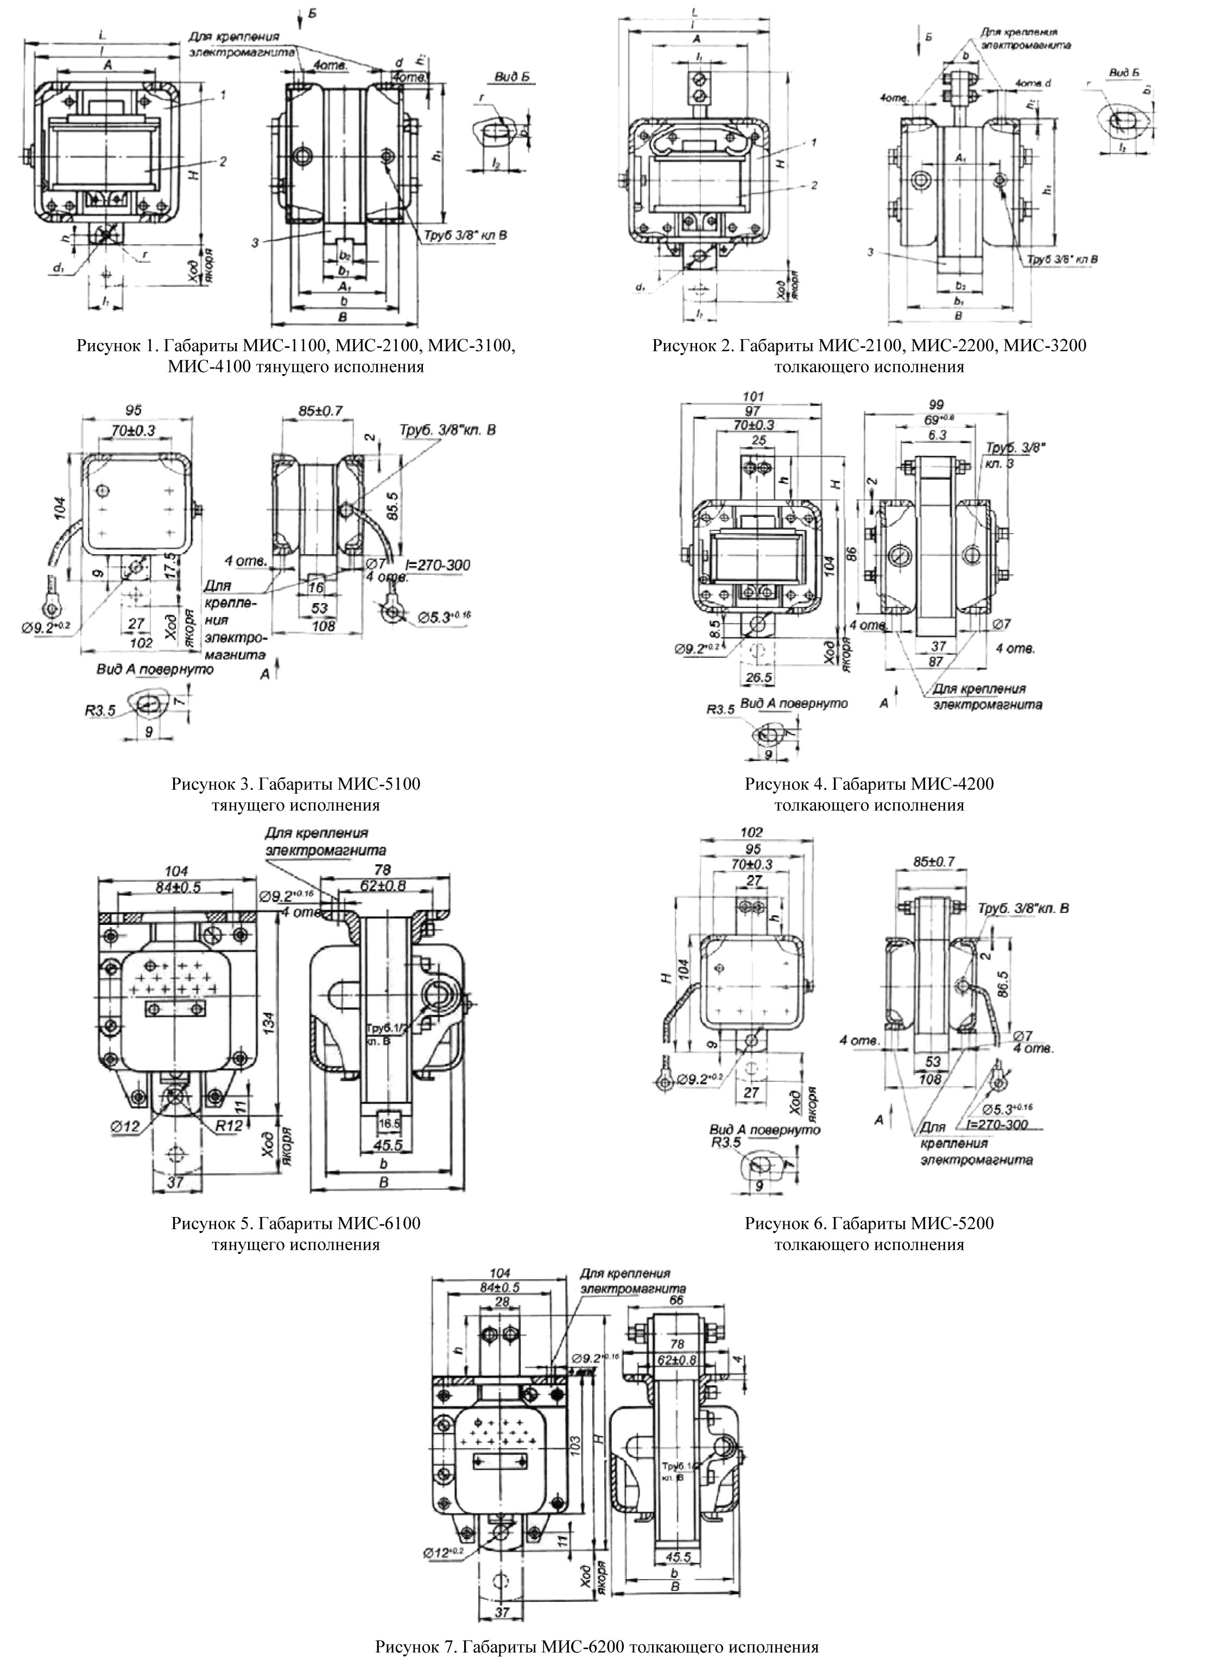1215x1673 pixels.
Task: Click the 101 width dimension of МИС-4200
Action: coord(752,397)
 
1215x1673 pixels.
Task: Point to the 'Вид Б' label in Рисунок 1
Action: coord(504,78)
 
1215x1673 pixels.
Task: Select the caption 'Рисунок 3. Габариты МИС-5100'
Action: coord(296,783)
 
